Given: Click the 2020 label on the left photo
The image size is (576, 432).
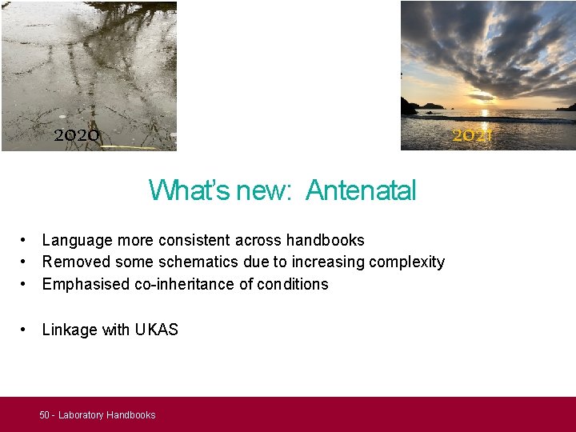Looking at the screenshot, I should (x=77, y=135).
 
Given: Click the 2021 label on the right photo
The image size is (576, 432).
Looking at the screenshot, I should (x=471, y=135).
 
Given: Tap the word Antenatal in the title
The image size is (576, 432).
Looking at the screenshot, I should (x=361, y=190).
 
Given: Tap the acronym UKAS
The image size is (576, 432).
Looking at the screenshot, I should (x=157, y=330).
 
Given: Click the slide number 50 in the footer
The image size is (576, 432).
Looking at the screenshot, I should (x=44, y=415).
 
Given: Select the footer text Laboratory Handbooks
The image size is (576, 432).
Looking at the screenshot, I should (x=106, y=415).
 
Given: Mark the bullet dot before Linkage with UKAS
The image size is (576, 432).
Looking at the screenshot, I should (x=26, y=330).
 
